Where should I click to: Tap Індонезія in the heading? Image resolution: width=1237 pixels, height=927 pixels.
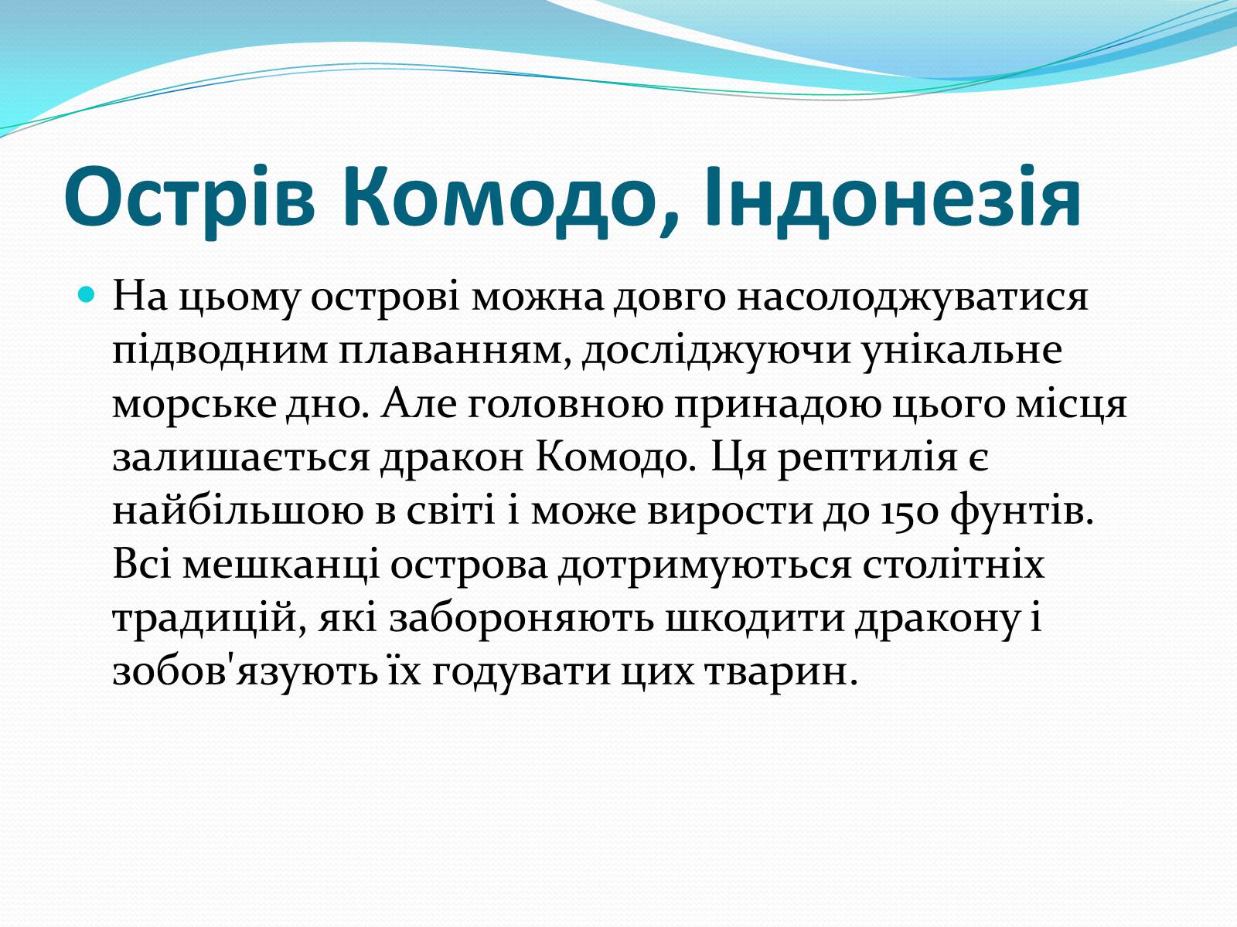pyautogui.click(x=892, y=196)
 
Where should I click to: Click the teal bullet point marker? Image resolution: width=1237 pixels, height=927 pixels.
pyautogui.click(x=87, y=294)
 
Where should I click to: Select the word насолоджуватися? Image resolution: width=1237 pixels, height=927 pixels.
pyautogui.click(x=912, y=299)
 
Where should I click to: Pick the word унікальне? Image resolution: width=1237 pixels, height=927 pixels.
pyautogui.click(x=962, y=350)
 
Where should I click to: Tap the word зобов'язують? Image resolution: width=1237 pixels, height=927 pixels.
pyautogui.click(x=244, y=673)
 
